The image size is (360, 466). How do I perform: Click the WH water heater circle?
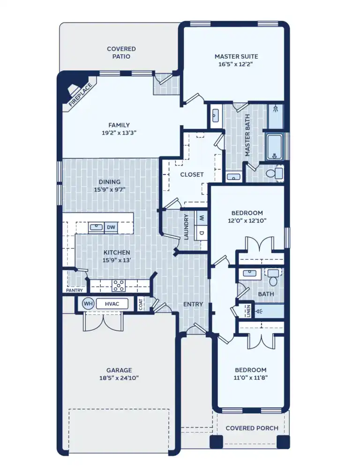[88, 304]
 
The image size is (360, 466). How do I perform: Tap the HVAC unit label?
[112, 304]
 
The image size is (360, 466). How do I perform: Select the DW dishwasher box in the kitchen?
[111, 227]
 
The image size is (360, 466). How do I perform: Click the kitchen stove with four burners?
[119, 285]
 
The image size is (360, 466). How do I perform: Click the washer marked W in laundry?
[202, 218]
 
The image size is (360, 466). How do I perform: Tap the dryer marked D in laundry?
[202, 233]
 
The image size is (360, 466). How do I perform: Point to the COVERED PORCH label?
[252, 428]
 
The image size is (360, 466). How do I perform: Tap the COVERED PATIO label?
[121, 53]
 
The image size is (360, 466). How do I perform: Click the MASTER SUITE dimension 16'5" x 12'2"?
[236, 64]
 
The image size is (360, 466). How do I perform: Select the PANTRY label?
[74, 291]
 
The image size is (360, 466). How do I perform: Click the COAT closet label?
[141, 304]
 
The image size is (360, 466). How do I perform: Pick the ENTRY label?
[193, 304]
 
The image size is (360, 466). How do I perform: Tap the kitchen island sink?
[96, 227]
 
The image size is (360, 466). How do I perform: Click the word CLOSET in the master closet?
[192, 174]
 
